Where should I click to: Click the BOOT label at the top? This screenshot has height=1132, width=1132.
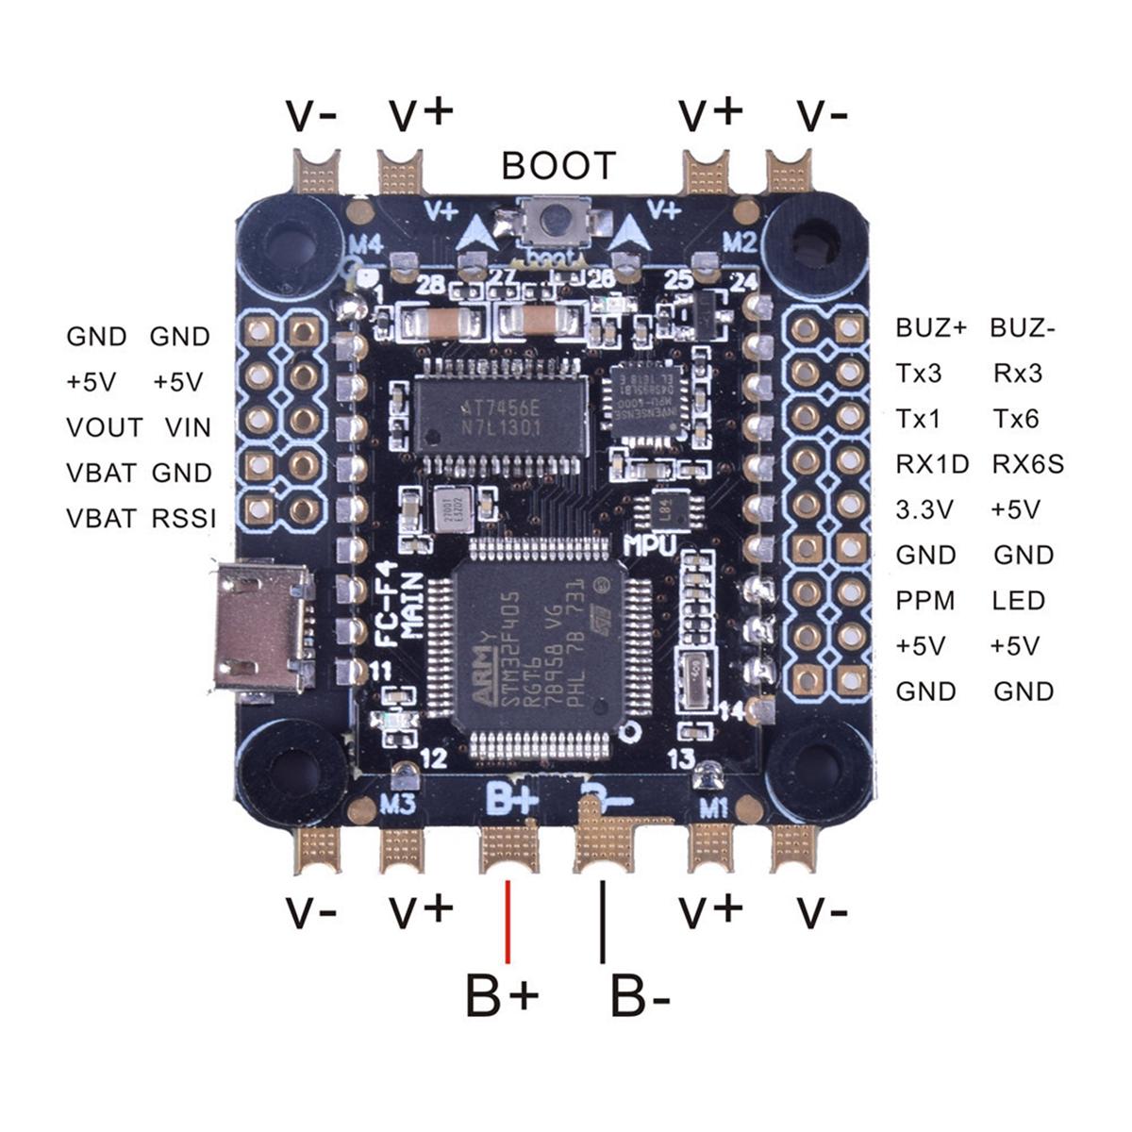(x=558, y=166)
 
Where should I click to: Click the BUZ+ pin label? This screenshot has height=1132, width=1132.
(x=931, y=328)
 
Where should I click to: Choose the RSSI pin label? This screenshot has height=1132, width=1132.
(x=183, y=518)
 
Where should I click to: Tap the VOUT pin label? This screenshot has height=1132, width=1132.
(x=104, y=427)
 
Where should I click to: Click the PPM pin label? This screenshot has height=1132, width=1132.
(x=924, y=601)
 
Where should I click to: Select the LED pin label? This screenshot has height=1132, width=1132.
(x=1019, y=601)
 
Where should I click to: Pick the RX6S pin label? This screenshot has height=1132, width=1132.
(x=1027, y=464)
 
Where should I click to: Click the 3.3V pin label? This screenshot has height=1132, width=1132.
(x=924, y=509)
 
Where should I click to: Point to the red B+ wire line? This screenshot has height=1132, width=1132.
(x=508, y=921)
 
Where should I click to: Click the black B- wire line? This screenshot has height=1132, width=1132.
(x=603, y=921)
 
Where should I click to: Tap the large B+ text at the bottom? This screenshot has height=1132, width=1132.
(x=502, y=996)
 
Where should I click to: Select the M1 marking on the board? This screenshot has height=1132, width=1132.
(x=712, y=807)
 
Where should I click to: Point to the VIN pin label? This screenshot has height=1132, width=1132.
(x=188, y=427)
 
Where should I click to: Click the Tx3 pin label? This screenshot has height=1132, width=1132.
(x=919, y=374)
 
